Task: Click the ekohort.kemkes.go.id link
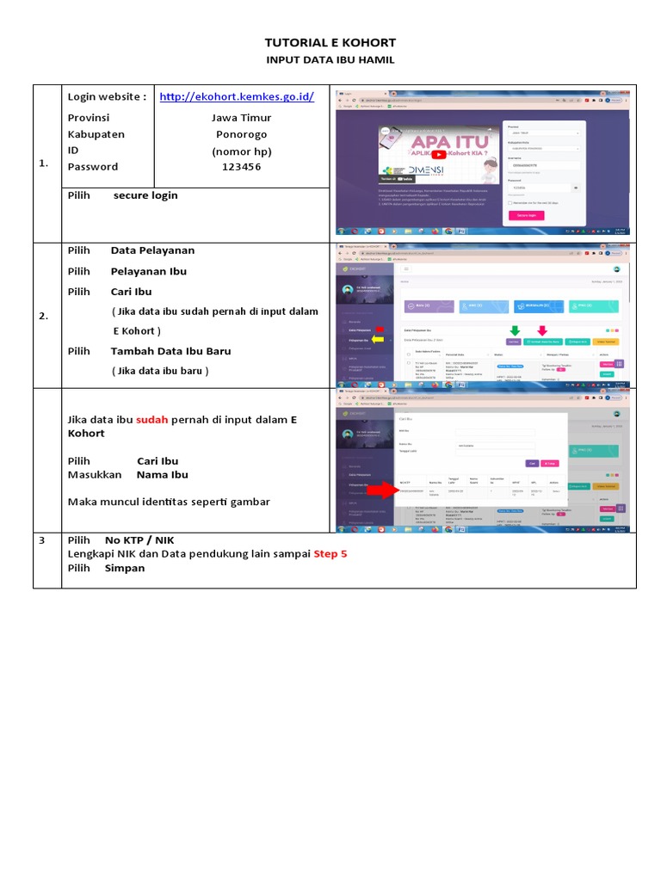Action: (x=237, y=97)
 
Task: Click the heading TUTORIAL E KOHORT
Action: (x=330, y=43)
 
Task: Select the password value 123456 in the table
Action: (x=241, y=167)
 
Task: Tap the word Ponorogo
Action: (x=241, y=134)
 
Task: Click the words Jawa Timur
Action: (x=241, y=118)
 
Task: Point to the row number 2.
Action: (x=43, y=317)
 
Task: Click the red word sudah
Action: (x=152, y=419)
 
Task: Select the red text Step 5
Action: (x=330, y=554)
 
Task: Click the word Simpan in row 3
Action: (x=125, y=569)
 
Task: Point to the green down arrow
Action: (x=514, y=330)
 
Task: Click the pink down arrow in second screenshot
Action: (x=542, y=330)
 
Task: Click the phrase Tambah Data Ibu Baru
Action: (x=170, y=351)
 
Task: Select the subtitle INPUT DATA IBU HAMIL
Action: (x=330, y=61)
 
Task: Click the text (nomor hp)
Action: (x=241, y=151)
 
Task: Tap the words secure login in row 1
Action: (x=145, y=195)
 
